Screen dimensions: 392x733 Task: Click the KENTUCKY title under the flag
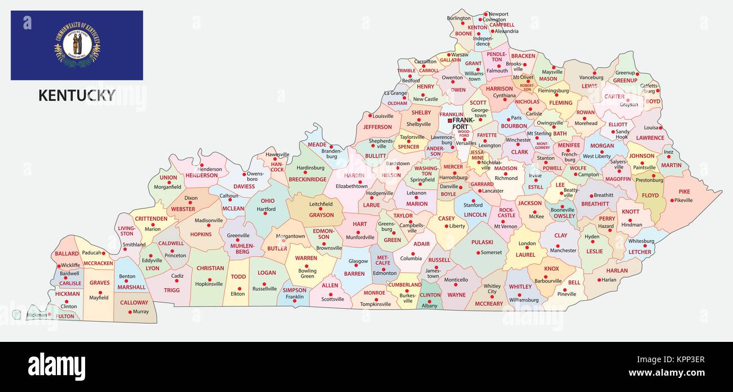77,95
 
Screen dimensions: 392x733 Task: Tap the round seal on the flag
77,44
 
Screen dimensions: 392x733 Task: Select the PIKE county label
684,191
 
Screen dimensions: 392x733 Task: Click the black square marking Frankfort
449,121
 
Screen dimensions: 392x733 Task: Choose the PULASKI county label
482,242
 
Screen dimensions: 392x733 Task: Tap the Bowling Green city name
307,273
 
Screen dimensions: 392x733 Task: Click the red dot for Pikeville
673,200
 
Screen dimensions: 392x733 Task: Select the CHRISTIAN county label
210,268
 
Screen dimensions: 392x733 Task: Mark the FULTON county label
65,316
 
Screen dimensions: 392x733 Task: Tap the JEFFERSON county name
377,127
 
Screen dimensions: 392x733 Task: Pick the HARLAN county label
617,270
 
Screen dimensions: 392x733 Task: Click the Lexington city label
489,145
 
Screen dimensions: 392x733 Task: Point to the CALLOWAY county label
134,302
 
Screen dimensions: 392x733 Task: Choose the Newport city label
498,14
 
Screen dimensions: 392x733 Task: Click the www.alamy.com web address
666,373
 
